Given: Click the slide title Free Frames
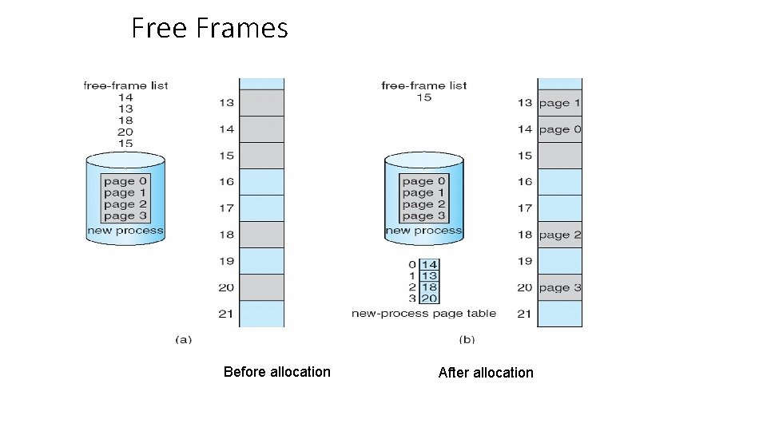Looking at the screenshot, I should pos(209,29).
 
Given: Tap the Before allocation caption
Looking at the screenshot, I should pos(276,372).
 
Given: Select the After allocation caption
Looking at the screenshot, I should pos(486,373).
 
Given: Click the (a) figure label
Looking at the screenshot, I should pos(183,339).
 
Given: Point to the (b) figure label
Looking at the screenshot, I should pos(467,339).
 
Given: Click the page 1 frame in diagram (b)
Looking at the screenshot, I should pos(559,103).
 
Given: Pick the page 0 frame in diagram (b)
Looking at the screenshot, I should pos(559,129).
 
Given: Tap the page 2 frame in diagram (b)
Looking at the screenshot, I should pos(559,235).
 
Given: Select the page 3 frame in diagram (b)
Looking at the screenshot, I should pos(559,287).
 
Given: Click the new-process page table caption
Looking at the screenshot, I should pos(423,314).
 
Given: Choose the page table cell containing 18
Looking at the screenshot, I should pos(429,287).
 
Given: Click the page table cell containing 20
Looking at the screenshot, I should pos(429,298).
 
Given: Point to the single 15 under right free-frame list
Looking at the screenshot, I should pos(423,97).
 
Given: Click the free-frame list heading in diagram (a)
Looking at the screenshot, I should pos(125,85).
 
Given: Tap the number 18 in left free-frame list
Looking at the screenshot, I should pos(125,121).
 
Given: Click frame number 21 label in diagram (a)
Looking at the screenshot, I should pos(226,314).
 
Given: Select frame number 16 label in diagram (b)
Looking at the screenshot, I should pos(524,182).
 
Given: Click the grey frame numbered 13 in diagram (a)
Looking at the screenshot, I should pos(261,103).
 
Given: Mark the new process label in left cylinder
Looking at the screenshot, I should pos(125,231).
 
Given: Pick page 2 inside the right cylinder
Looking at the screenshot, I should pos(423,204).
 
